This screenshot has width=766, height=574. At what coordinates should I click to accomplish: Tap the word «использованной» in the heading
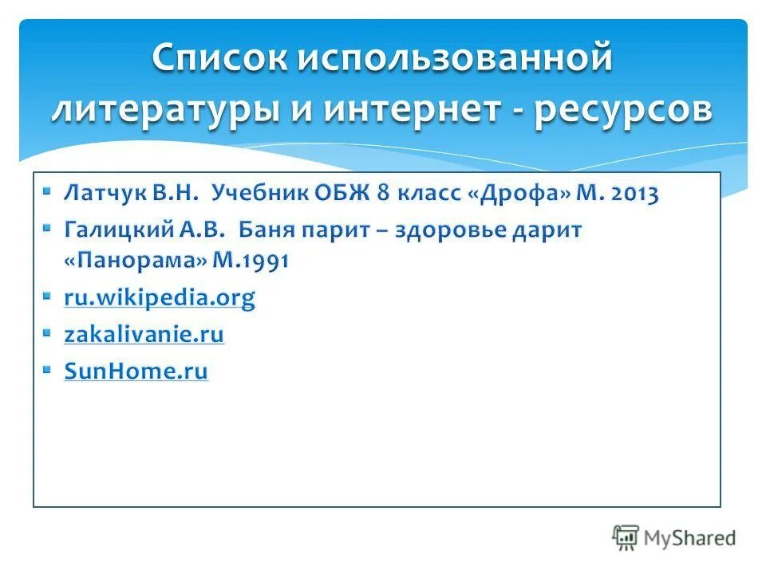click(458, 60)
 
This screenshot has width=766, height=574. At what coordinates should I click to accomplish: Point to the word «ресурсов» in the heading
click(623, 109)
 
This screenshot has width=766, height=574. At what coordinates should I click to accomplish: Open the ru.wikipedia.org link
click(160, 298)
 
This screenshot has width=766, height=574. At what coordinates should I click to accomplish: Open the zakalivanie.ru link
click(144, 334)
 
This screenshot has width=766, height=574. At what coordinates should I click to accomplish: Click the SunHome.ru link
click(136, 371)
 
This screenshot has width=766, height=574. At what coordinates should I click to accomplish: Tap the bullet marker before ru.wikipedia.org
click(47, 296)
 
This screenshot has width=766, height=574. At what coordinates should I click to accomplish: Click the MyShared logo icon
click(626, 537)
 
